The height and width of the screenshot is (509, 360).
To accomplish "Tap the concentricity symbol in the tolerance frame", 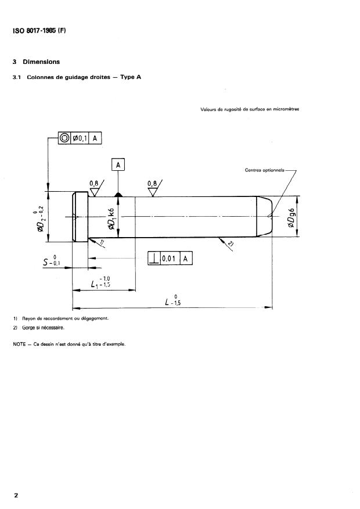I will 64,138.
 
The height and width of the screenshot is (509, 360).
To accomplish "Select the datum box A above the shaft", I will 118,166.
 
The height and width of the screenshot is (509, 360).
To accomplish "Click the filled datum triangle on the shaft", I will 118,194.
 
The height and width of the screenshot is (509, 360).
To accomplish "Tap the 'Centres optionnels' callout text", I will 265,170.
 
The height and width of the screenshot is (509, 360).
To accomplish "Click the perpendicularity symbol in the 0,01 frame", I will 155,259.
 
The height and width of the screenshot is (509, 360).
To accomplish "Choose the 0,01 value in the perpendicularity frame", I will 169,259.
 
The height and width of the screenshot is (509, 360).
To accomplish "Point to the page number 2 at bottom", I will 16,495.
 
